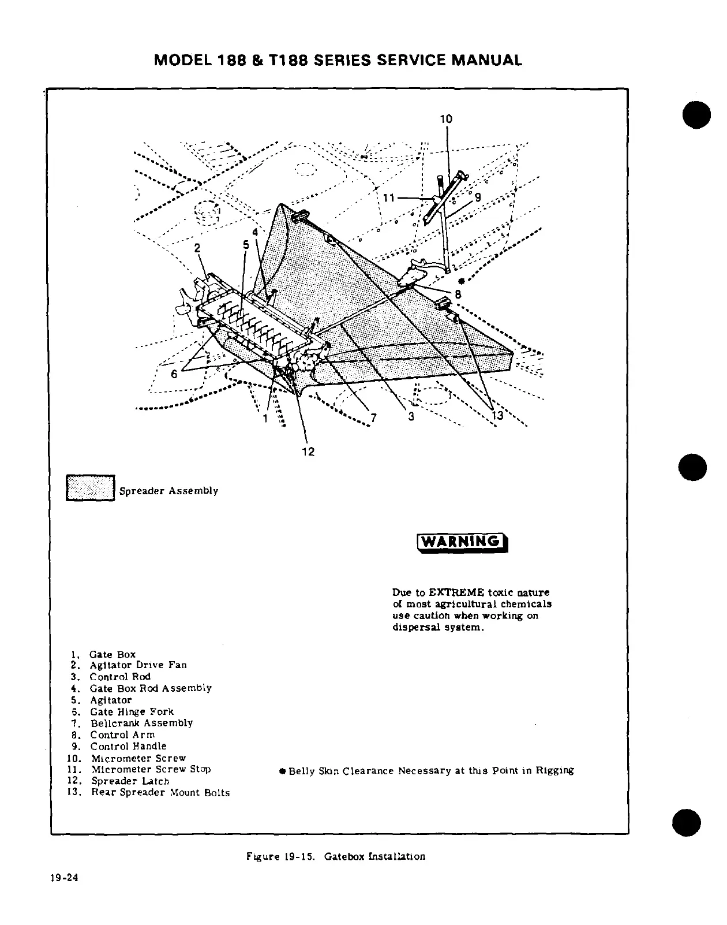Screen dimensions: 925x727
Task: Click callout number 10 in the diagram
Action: coord(446,120)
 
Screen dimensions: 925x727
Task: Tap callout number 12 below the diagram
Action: coord(309,452)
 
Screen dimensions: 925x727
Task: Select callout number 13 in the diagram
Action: coord(497,416)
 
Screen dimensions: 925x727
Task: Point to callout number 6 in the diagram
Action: coord(174,374)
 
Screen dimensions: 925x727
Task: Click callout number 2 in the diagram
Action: coord(197,248)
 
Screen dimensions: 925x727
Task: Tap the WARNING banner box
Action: coord(461,542)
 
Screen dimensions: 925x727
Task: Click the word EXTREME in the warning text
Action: coord(455,592)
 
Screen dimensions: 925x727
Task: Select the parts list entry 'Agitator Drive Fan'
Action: coord(138,665)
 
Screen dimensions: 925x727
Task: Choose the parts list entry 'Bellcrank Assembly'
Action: coord(141,723)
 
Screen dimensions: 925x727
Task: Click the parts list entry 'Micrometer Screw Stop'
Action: coord(151,769)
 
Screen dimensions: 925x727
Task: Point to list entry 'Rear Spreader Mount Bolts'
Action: coord(160,793)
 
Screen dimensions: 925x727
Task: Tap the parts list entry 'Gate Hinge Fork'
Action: coord(132,711)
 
